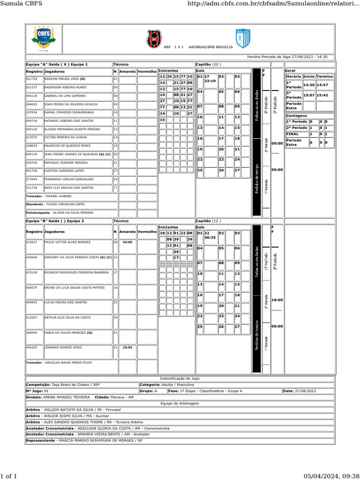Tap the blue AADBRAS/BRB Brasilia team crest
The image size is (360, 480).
(x=243, y=38)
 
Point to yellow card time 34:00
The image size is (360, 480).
(x=127, y=242)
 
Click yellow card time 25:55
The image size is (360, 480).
(x=127, y=347)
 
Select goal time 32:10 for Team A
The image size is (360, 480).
(x=210, y=81)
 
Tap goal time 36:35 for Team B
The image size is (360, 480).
(x=210, y=238)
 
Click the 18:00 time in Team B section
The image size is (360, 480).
(x=277, y=300)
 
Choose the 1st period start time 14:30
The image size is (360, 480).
(x=308, y=85)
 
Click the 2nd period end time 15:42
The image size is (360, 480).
(x=322, y=95)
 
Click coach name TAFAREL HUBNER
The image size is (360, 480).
(x=59, y=196)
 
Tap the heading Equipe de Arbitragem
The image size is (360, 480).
(x=180, y=403)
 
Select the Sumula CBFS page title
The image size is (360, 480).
(x=22, y=4)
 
